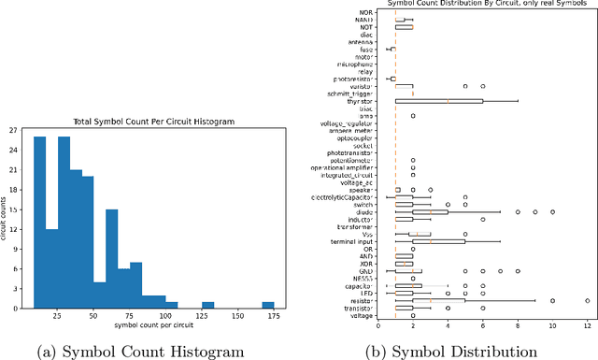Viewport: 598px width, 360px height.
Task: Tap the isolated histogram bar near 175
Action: tap(267, 305)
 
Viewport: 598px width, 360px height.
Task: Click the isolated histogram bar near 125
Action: tap(207, 305)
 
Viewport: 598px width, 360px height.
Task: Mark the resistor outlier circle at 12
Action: tap(587, 300)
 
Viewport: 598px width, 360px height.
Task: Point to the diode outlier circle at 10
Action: tap(552, 212)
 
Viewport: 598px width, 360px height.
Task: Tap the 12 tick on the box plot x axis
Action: tap(587, 326)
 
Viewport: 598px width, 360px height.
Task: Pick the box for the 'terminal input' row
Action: tap(439, 241)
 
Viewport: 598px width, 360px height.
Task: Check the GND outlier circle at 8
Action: tap(517, 271)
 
